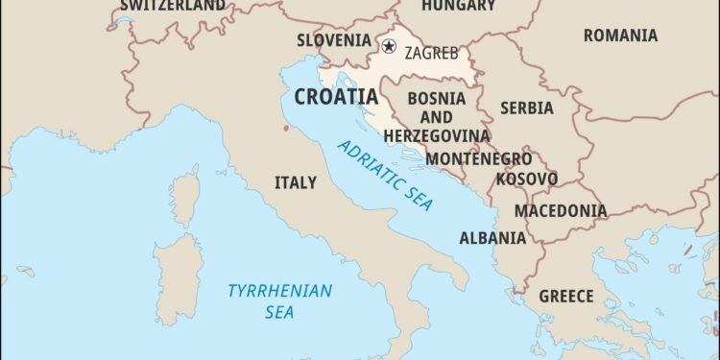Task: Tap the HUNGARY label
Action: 457,6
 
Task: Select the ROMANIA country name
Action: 620,36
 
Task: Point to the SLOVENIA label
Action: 333,40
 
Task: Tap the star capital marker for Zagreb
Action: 389,46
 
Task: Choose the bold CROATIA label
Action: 336,97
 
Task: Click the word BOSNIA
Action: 437,98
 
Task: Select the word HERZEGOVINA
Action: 437,136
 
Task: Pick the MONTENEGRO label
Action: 478,158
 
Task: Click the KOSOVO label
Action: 526,180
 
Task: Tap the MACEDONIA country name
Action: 561,210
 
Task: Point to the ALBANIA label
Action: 492,238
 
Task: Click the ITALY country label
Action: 295,182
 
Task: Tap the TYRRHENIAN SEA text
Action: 279,300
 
